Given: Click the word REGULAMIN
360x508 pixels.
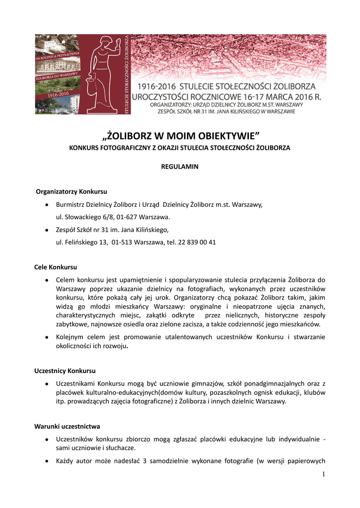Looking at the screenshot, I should coord(180,167).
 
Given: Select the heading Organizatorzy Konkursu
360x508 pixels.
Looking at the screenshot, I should coord(72,191).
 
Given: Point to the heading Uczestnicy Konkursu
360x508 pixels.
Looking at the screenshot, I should coord(65,371).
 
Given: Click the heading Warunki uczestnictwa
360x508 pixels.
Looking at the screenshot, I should coord(67,426).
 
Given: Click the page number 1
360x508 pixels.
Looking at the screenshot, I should coord(323,475).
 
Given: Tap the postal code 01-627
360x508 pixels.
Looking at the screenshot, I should coord(127,217).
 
